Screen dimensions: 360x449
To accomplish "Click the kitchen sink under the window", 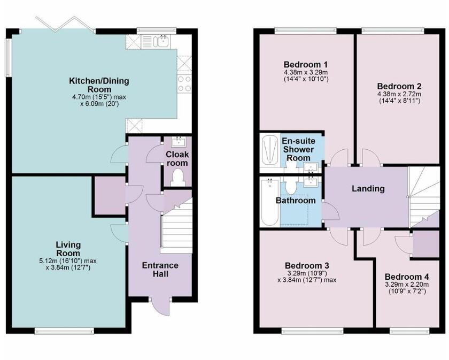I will [161, 41].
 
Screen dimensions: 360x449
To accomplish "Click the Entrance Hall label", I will [160, 270].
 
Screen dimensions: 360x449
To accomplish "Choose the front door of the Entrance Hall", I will [159, 306].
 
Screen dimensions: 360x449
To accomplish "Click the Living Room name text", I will [68, 249].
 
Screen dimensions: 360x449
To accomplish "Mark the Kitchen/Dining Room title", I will [99, 85].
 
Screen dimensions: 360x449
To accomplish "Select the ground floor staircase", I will [176, 227].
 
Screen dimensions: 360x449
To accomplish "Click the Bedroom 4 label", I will [407, 277].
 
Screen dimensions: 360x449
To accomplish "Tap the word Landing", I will [368, 188].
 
